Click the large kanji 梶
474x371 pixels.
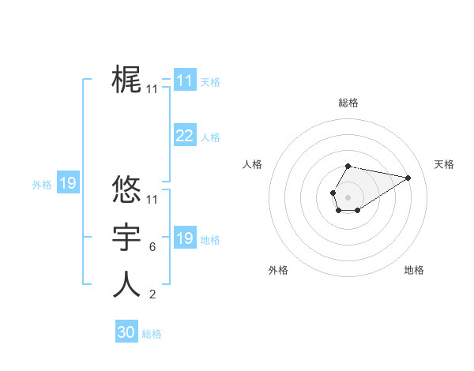tap(126, 81)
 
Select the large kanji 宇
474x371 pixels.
tap(126, 238)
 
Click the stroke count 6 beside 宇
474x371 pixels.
tap(152, 247)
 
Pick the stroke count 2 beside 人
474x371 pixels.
tap(152, 295)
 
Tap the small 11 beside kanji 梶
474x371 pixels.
tap(152, 90)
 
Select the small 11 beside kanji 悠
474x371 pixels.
tap(152, 200)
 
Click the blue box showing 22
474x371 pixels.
tap(184, 136)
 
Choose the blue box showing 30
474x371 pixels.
tap(126, 332)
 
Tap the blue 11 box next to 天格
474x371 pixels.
tap(184, 81)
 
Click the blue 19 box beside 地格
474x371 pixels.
tap(184, 238)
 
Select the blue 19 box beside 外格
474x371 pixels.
tap(67, 184)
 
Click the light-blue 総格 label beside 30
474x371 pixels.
tap(152, 334)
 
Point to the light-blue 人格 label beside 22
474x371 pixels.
tap(210, 137)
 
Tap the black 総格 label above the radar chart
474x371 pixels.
tap(348, 103)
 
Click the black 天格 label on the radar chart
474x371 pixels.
tap(444, 164)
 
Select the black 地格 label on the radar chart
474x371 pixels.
tap(414, 270)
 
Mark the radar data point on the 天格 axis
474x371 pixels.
tap(408, 177)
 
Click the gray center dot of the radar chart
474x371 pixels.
tap(348, 197)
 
